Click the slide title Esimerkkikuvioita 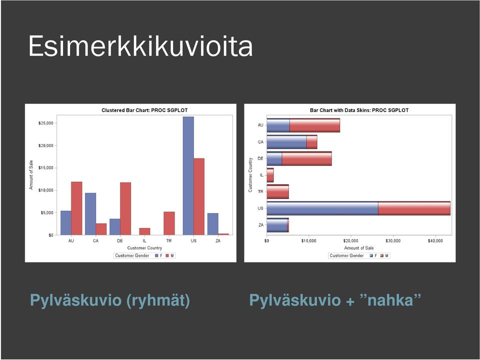click(140, 46)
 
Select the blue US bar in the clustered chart click(188, 175)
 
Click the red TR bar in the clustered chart click(169, 223)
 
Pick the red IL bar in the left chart click(145, 231)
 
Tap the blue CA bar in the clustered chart click(90, 214)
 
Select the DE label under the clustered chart click(120, 241)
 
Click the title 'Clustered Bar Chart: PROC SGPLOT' click(144, 110)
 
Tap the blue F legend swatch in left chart click(156, 255)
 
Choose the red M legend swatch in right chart click(381, 255)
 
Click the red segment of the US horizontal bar click(414, 208)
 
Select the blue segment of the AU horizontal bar click(278, 125)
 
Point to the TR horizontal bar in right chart click(277, 191)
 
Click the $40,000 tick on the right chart click(435, 241)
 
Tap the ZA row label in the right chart click(261, 225)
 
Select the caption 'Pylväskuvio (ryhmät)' click(110, 300)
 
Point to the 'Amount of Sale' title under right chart click(359, 248)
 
